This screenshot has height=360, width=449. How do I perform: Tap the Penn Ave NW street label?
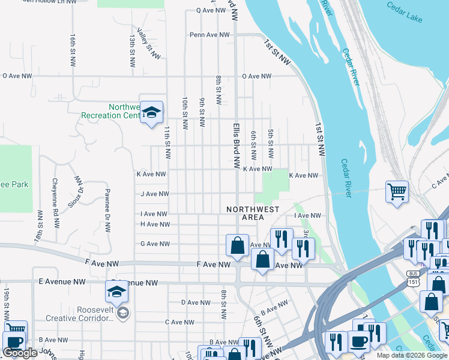click(x=209, y=35)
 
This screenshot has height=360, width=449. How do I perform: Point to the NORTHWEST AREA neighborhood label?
click(x=253, y=213)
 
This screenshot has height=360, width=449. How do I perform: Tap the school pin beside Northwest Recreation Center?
click(x=151, y=112)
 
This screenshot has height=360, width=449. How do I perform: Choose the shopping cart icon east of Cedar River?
click(x=397, y=192)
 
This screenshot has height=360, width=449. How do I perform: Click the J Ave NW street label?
click(x=154, y=194)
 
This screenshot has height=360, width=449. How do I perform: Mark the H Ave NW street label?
click(x=154, y=224)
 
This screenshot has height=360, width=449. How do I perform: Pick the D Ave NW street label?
click(x=196, y=302)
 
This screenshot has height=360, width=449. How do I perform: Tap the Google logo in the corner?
click(x=20, y=353)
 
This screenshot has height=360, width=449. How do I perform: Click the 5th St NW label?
click(x=271, y=144)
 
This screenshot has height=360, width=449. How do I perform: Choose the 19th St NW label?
click(x=7, y=303)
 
